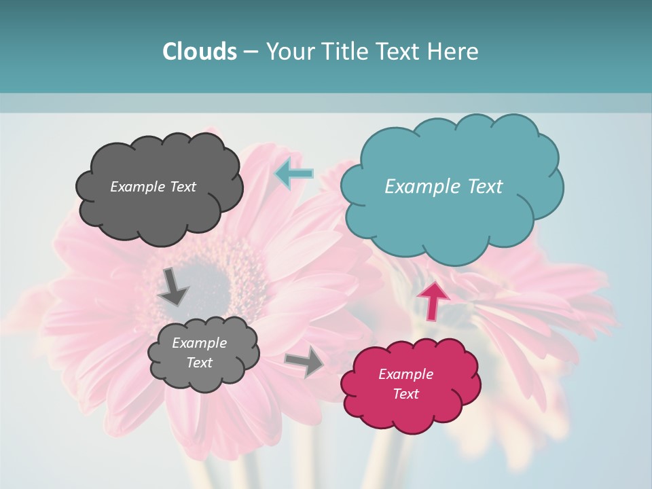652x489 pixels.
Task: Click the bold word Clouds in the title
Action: click(200, 51)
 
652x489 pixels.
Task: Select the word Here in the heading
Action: click(454, 51)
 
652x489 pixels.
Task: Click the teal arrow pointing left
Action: click(293, 175)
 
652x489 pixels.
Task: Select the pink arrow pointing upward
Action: click(433, 300)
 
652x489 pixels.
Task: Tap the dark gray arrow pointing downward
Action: click(173, 286)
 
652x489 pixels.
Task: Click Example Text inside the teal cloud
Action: click(443, 186)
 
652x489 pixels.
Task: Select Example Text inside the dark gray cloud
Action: click(153, 186)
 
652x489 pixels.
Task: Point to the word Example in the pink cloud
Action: click(405, 374)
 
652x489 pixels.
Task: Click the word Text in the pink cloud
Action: click(405, 394)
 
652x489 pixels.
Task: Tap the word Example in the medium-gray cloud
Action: click(199, 343)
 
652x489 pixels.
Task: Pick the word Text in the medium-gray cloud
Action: click(199, 363)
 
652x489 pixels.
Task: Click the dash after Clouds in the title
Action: click(250, 52)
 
